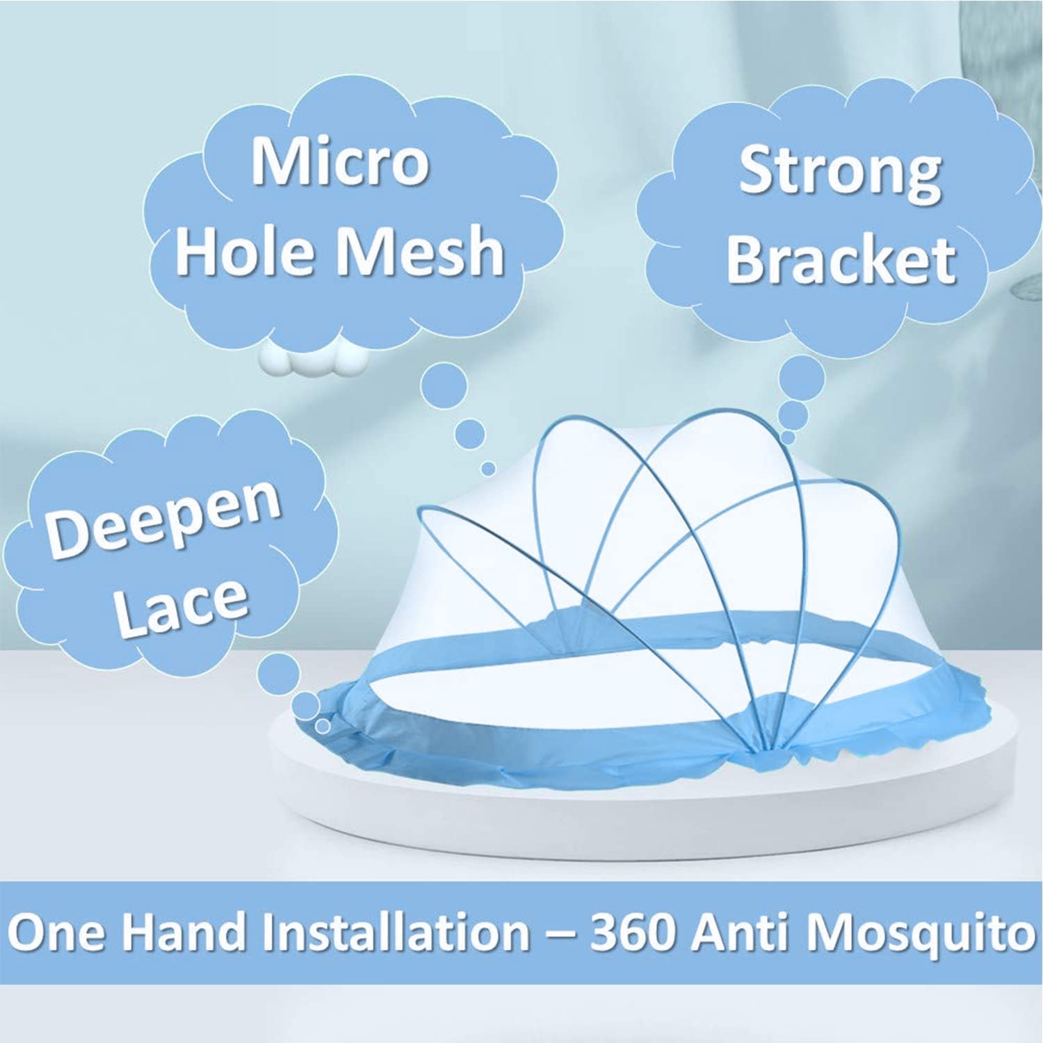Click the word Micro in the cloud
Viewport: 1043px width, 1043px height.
pos(339,161)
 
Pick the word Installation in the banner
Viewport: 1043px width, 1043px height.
pos(395,932)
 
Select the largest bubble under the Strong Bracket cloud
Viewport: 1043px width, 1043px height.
pos(802,377)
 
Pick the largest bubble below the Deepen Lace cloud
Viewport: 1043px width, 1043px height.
pos(279,674)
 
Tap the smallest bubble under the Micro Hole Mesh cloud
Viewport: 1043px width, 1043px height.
pos(489,469)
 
